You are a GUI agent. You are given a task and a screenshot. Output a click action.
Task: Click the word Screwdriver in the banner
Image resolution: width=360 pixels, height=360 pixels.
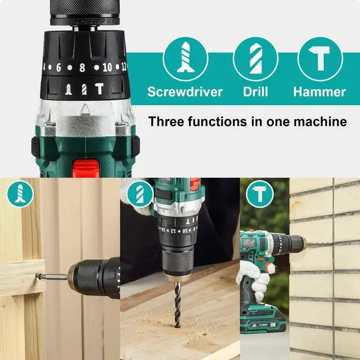(185, 92)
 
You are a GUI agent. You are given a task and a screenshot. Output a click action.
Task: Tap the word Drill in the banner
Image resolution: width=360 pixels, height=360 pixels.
(255, 92)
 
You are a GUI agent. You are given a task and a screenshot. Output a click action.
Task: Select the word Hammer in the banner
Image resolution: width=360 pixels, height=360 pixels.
(319, 92)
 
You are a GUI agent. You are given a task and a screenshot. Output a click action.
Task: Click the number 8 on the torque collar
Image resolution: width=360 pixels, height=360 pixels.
(82, 67)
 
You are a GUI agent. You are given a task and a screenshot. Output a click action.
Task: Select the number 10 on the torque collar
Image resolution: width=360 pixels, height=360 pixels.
(107, 67)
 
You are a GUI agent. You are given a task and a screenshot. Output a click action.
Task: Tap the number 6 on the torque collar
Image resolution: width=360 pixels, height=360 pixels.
(58, 67)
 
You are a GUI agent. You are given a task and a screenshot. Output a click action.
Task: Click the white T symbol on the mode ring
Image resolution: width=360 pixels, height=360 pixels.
(99, 88)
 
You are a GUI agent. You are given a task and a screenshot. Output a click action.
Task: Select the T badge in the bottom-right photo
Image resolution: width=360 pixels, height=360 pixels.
(259, 194)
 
